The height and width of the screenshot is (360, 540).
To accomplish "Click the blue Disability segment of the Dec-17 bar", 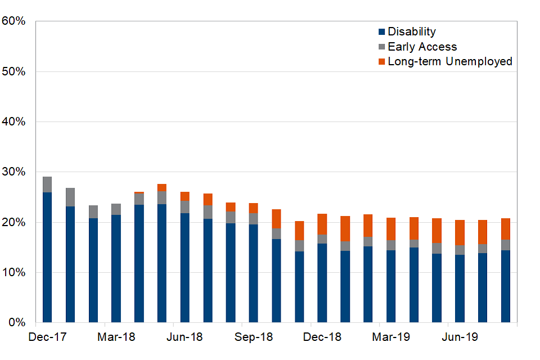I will click(47, 257).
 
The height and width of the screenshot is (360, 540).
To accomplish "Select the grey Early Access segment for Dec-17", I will click(47, 184).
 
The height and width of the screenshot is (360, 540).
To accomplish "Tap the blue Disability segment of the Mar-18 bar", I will click(116, 268).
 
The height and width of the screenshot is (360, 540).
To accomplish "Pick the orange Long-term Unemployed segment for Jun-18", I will click(185, 196).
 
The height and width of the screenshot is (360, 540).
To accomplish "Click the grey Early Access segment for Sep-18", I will click(254, 218).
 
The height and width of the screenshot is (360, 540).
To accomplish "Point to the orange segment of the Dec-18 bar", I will click(322, 224).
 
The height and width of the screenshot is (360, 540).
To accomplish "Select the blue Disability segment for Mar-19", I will click(391, 286).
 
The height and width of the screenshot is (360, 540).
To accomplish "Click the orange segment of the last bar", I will click(506, 229).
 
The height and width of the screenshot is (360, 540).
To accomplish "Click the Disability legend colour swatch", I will click(382, 32).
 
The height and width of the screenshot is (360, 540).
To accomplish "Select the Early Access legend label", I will click(422, 47).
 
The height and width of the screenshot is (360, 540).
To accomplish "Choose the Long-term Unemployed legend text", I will click(450, 61).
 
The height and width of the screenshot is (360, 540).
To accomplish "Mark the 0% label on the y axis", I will click(17, 323).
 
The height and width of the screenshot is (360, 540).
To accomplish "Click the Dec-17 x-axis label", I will click(47, 337).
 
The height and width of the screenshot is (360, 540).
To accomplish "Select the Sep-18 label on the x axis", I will click(254, 337).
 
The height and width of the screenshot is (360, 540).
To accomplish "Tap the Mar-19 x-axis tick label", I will click(391, 337).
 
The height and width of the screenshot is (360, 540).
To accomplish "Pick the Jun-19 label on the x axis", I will click(460, 337).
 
